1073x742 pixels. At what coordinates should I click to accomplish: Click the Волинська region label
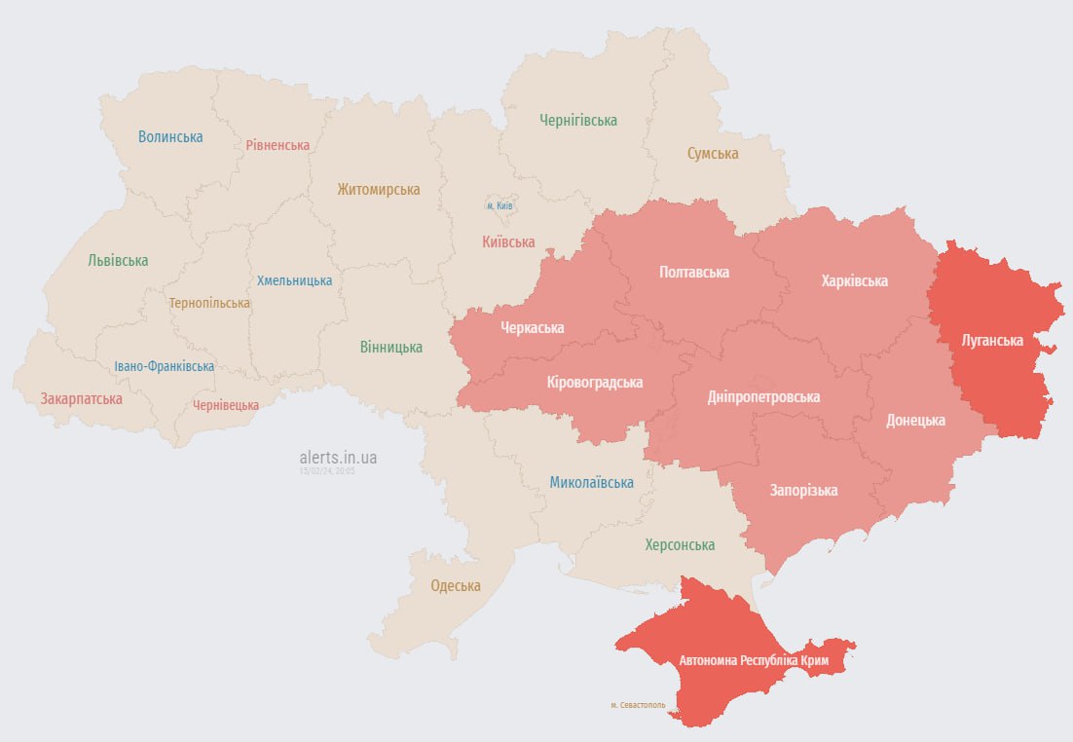170,136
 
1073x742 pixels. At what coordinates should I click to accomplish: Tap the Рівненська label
277,145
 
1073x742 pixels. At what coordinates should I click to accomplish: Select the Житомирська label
379,189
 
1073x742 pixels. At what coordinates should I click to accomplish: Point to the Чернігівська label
578,121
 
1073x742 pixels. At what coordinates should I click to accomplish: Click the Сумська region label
713,153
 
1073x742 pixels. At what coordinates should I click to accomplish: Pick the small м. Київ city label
499,205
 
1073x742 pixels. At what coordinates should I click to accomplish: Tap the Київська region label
508,241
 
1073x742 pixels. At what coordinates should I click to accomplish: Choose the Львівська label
118,260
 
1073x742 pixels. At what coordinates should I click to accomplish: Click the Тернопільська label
209,303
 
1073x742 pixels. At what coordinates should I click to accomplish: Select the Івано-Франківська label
164,366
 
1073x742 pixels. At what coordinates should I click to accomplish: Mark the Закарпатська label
82,398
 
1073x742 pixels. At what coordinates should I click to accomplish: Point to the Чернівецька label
226,405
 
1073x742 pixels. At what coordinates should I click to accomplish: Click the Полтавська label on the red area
694,272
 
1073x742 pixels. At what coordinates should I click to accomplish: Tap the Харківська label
854,280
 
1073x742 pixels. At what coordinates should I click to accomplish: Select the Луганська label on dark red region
991,340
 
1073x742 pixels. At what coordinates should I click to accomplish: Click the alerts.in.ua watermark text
339,457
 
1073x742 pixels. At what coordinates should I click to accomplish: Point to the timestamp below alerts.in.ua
328,471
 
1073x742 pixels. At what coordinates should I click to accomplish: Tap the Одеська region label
456,585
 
